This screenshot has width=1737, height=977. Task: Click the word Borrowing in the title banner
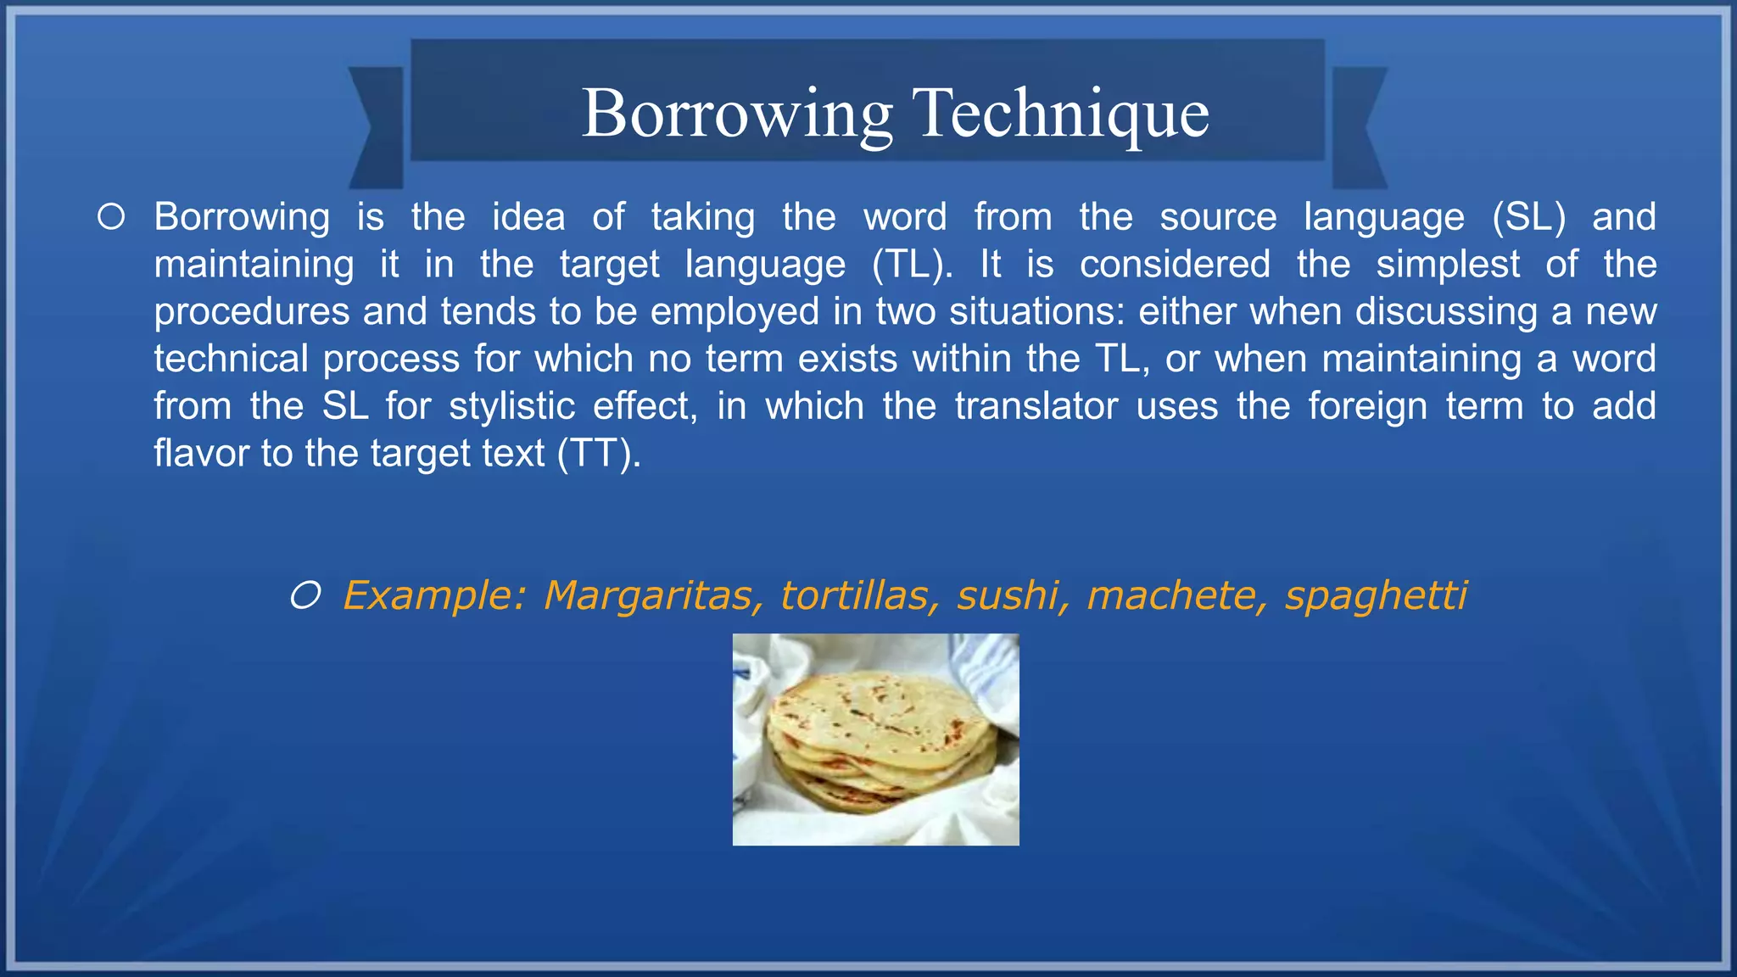pyautogui.click(x=737, y=114)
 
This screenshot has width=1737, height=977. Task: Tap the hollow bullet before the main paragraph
pyautogui.click(x=111, y=217)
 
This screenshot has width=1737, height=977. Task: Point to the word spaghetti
pyautogui.click(x=1376, y=597)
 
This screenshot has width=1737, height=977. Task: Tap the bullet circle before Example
pyautogui.click(x=305, y=596)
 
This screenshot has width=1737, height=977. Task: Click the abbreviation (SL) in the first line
pyautogui.click(x=1528, y=218)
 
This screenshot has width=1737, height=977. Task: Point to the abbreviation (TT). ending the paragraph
pyautogui.click(x=599, y=455)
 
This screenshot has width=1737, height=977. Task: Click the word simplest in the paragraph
pyautogui.click(x=1448, y=265)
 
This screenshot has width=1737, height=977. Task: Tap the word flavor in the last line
pyautogui.click(x=199, y=454)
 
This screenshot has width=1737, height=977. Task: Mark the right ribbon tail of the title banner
pyautogui.click(x=1359, y=127)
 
